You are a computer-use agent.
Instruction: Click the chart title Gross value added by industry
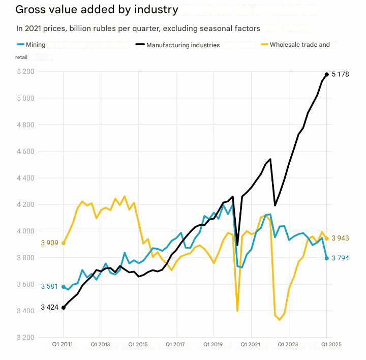click(x=97, y=10)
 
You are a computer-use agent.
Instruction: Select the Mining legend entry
click(x=31, y=45)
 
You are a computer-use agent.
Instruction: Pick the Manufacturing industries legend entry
click(x=177, y=45)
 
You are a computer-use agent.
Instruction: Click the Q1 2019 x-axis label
click(x=213, y=344)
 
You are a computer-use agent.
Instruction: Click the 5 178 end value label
click(x=341, y=74)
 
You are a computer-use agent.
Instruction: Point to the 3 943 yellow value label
click(x=341, y=238)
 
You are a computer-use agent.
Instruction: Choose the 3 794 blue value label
click(x=341, y=258)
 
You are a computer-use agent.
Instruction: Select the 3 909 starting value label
click(x=50, y=243)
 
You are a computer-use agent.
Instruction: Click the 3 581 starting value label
click(x=50, y=287)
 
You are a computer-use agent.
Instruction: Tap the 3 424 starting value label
click(x=50, y=308)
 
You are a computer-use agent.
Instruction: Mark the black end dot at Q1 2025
click(x=326, y=74)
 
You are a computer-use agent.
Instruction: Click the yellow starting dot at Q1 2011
click(x=64, y=243)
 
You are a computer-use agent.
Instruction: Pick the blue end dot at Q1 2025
click(x=326, y=258)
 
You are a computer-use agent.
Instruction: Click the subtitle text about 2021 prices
click(x=138, y=28)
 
